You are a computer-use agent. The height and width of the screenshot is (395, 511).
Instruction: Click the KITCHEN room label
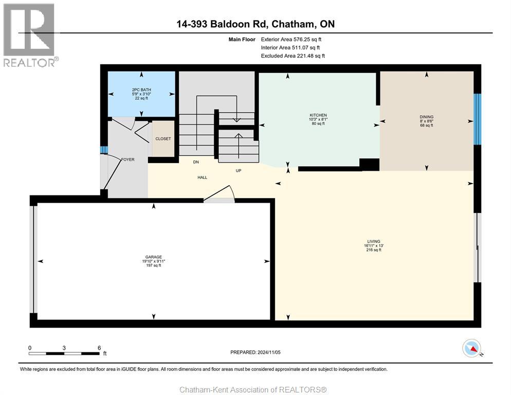tap(318, 115)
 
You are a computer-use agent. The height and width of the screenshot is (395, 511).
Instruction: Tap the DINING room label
tap(426, 117)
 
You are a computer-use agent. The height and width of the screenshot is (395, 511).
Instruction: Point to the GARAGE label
tap(153, 257)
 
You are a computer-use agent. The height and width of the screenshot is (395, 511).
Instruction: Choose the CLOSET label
tap(163, 139)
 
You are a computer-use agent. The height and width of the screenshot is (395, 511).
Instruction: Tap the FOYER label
tap(127, 159)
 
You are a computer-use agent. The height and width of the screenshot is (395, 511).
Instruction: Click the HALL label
tap(202, 177)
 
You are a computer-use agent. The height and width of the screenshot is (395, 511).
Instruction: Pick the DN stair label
tap(196, 162)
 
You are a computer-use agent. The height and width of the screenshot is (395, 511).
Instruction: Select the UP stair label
tap(238, 171)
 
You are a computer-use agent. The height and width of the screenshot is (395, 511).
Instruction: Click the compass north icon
tap(471, 349)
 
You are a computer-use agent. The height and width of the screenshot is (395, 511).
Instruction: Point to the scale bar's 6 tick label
tap(99, 348)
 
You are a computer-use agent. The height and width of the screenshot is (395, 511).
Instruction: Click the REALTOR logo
tap(29, 35)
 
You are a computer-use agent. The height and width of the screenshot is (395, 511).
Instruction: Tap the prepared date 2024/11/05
tap(255, 352)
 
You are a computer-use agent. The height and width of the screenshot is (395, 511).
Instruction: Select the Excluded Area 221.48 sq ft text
tap(293, 56)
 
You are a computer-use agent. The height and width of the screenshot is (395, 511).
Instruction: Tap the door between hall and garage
tap(219, 196)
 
